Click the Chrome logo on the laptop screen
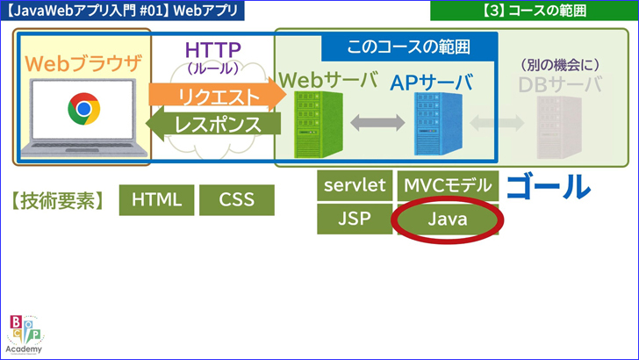tap(83, 110)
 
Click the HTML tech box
tap(156, 200)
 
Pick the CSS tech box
tap(236, 200)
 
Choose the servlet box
tap(355, 186)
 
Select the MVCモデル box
tap(448, 186)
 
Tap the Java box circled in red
tap(448, 220)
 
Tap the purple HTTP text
tap(213, 50)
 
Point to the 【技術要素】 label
tap(58, 200)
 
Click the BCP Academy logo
tap(25, 334)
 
